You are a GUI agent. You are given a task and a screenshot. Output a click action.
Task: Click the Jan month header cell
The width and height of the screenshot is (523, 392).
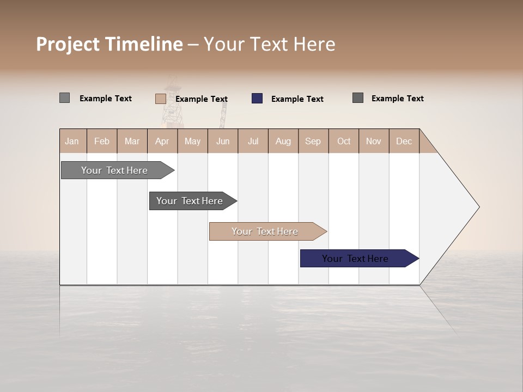[x=72, y=141]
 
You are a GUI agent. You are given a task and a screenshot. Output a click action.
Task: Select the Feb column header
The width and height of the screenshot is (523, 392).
[x=102, y=141]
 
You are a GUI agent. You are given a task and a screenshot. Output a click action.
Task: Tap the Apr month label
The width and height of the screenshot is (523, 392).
[x=162, y=141]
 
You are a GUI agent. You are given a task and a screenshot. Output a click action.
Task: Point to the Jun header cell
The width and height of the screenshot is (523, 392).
[x=223, y=141]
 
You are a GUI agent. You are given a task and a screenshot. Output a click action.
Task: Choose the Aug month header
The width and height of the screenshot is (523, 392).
[x=283, y=141]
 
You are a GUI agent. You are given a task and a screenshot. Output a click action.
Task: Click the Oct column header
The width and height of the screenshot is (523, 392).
[x=344, y=141]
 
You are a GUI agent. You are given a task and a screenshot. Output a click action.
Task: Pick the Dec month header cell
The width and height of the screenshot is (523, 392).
[x=404, y=141]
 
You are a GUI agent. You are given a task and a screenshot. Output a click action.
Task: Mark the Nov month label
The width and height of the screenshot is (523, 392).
[x=373, y=141]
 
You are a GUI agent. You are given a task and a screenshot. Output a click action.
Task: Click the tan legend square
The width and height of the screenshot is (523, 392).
[x=160, y=99]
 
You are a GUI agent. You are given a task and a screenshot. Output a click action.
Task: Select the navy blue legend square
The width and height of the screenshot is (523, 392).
[x=257, y=99]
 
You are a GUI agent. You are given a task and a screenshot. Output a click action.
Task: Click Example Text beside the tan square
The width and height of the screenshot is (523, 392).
[x=201, y=99]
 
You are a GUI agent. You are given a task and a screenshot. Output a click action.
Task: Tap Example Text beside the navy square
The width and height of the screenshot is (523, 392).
[x=297, y=99]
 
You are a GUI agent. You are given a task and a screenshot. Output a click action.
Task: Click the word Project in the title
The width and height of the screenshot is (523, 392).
[x=68, y=44]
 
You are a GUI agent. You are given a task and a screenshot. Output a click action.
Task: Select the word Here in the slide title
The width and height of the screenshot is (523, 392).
[x=314, y=44]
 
